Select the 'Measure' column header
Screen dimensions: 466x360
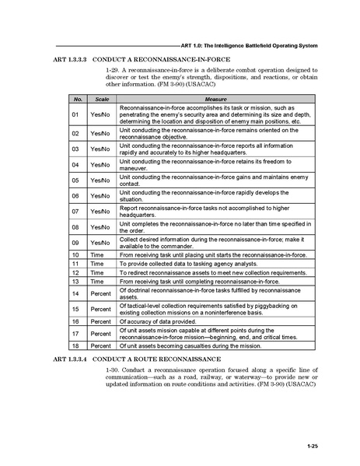coord(215,100)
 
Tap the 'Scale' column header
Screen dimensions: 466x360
coord(102,100)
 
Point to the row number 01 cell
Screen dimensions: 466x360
coord(76,115)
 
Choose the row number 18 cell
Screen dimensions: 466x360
coord(76,345)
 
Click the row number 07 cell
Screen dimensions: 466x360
coord(76,211)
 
